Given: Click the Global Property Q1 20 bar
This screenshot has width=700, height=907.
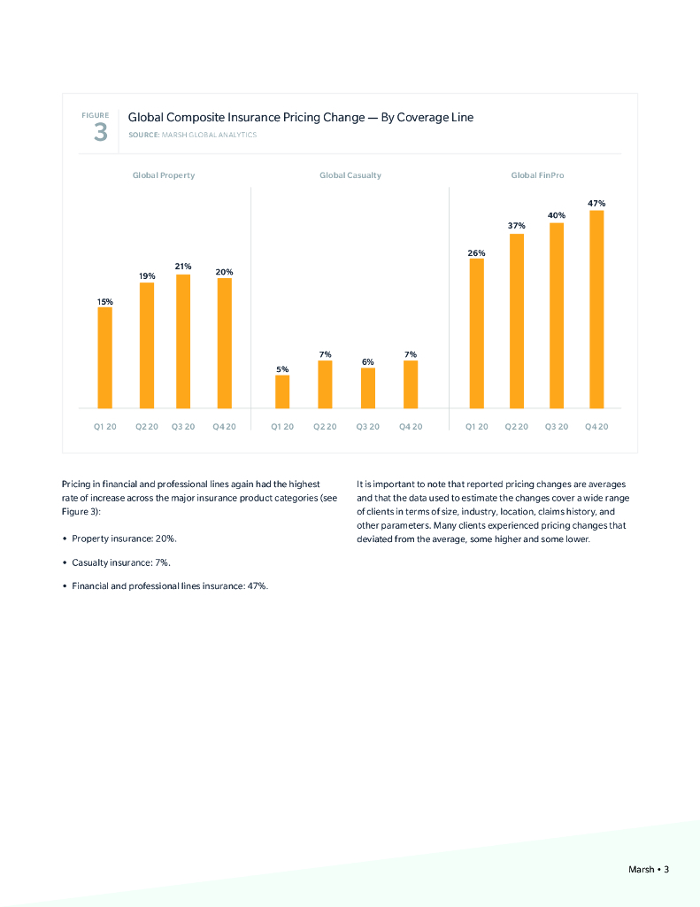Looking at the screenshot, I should point(104,358).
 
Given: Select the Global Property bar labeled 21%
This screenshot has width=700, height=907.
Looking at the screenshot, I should point(183,341).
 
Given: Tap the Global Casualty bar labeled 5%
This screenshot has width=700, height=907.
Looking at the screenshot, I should point(281,391).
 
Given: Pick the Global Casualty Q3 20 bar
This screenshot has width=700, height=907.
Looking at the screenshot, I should point(367,388).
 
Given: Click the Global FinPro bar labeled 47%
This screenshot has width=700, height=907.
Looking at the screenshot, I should point(596,309).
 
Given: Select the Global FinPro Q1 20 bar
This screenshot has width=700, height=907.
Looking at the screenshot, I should point(476,333).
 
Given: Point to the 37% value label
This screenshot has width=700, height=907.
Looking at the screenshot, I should point(517,226).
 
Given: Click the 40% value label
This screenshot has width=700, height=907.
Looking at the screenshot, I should point(556,215).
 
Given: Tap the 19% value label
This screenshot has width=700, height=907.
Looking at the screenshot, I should point(147,276).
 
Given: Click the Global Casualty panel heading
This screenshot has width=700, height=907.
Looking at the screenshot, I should point(350,175).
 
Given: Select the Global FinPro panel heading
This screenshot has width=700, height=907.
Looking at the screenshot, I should point(537,175).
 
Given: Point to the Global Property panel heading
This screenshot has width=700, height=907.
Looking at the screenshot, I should point(164,175).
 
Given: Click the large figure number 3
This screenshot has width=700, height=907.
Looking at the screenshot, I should point(100,134).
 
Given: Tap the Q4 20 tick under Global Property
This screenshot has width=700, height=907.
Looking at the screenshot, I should point(225,427).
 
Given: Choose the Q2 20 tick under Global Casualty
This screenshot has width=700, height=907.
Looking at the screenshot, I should point(325,427).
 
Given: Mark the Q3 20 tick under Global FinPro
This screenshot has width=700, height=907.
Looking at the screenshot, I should point(557,427).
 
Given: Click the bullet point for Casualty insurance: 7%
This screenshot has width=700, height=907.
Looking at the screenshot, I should point(65,562).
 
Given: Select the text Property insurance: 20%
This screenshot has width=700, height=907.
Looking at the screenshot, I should point(125,539).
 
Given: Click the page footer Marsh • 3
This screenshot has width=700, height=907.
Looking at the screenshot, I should point(648,870).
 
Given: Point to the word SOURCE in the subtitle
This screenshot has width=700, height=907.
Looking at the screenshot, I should point(143,135).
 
